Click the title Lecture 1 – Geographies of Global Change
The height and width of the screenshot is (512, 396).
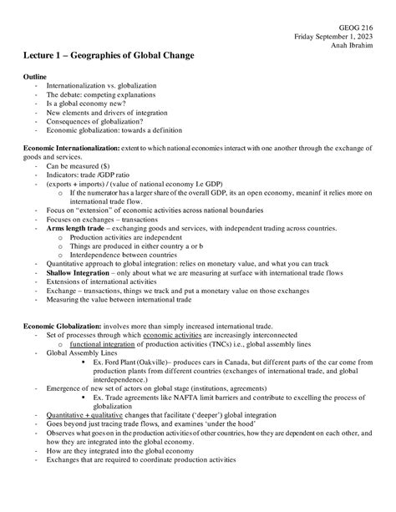(x=109, y=56)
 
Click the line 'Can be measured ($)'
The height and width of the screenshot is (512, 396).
(x=82, y=165)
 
